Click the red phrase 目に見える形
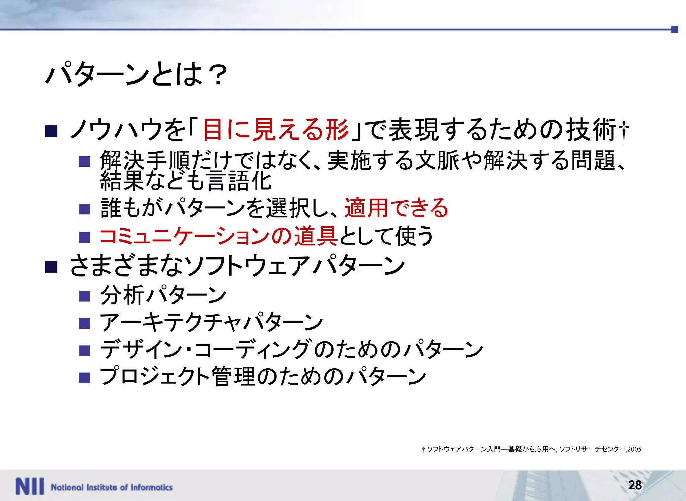tap(275, 130)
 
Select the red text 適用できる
tap(396, 208)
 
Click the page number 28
tap(635, 485)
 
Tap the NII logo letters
tap(29, 486)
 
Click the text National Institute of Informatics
tap(112, 487)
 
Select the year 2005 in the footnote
tap(634, 449)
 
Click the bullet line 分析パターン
tap(163, 295)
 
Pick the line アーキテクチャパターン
tap(211, 323)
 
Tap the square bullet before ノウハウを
tap(51, 131)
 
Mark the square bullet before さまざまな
tap(51, 267)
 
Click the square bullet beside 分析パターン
tap(85, 296)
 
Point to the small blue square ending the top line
tap(674, 30)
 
